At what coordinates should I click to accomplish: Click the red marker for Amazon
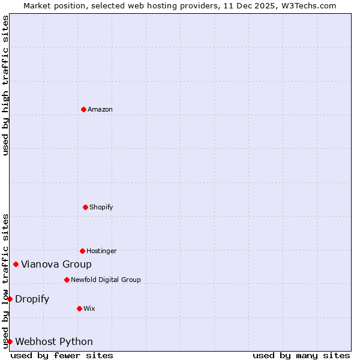coord(83,109)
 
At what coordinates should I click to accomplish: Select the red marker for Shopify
coord(85,207)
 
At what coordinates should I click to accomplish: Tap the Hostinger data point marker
coord(82,251)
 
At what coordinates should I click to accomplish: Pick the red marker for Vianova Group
coord(16,264)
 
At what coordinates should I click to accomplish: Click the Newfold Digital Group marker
coord(67,280)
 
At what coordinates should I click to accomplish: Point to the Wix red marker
coord(79,308)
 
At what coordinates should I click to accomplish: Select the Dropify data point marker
coord(10,299)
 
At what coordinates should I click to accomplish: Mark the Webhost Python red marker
coord(10,341)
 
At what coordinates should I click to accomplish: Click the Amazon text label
coord(100,109)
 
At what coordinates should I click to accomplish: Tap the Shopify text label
coord(101,207)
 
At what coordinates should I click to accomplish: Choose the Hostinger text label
coord(101,251)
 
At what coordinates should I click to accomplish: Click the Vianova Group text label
coord(56,264)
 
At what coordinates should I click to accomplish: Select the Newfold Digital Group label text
coord(106,280)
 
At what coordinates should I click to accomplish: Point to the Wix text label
coord(89,308)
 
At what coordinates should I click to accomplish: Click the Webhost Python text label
coord(54,341)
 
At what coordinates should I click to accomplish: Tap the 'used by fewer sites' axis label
coord(62,355)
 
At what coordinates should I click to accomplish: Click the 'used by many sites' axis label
coord(301,355)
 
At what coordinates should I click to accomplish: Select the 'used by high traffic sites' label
coord(5,85)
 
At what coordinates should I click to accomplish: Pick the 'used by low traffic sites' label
coord(5,281)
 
